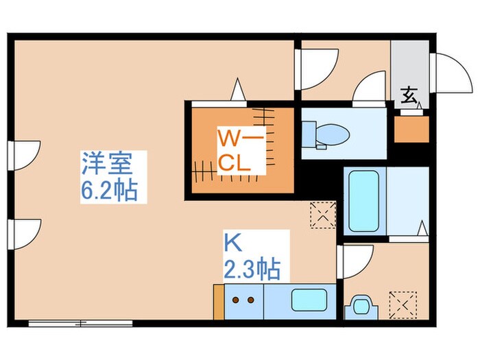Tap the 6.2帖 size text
click(110, 189)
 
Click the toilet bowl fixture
click(332, 133)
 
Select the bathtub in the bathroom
click(363, 201)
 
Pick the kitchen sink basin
click(309, 300)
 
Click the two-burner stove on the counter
click(243, 300)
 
